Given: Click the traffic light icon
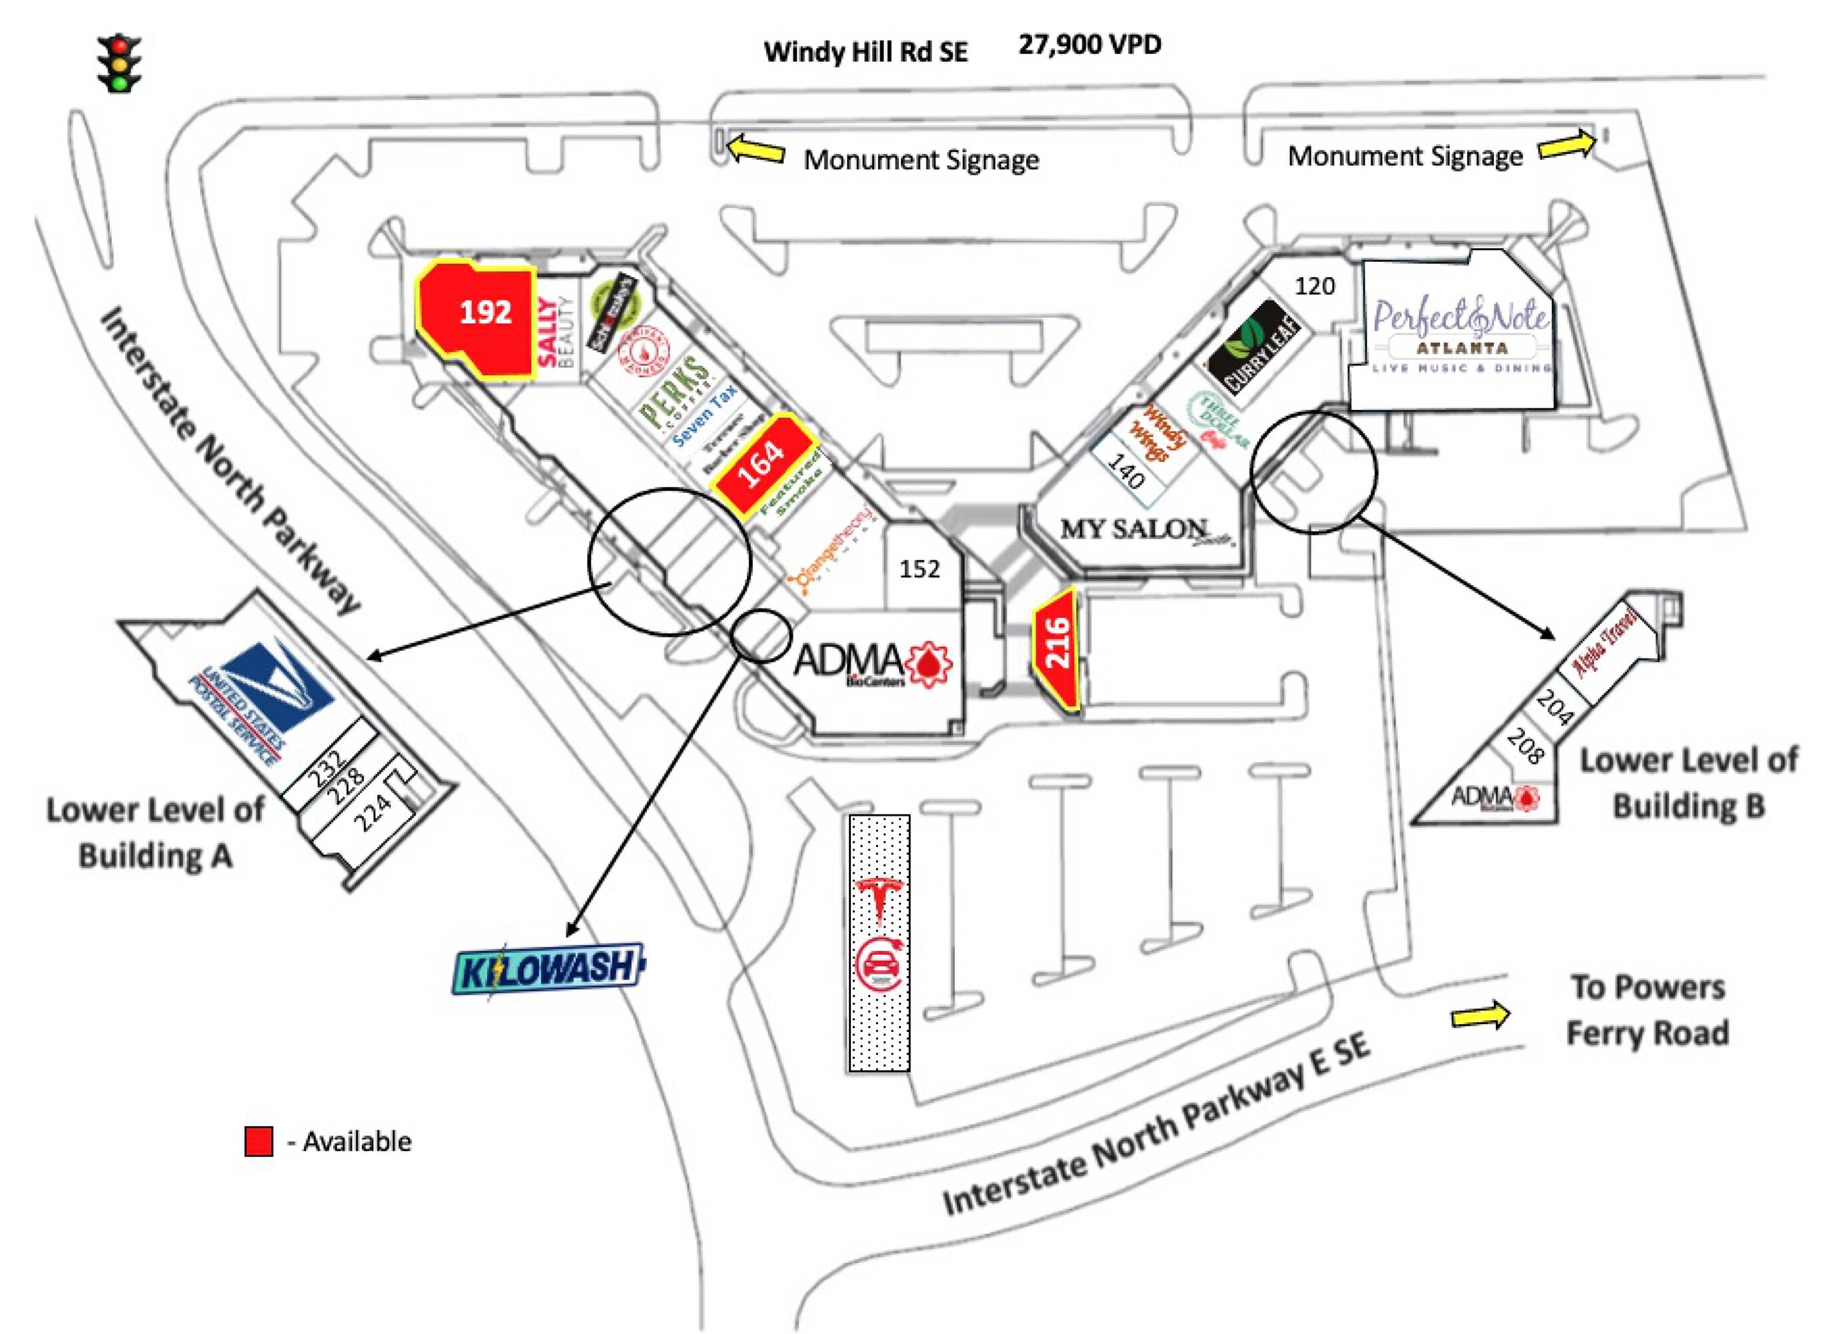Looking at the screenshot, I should point(119,63).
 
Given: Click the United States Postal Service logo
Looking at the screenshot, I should point(258,702).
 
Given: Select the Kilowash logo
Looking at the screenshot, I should point(548,968).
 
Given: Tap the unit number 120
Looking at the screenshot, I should point(1315,286).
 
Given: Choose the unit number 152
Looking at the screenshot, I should point(919,570).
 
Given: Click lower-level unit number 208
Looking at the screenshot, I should point(1525,746).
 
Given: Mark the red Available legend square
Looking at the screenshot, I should point(258,1141).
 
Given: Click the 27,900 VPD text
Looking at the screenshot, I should point(1089,45).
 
